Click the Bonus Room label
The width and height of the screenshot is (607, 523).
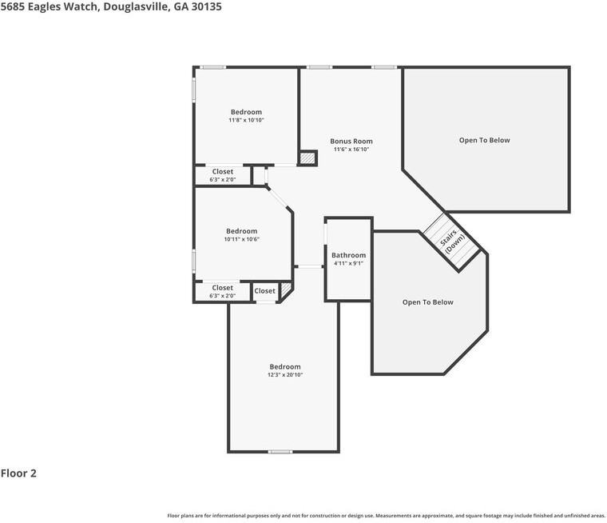[351, 142]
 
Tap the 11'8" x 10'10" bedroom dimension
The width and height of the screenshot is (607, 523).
[246, 120]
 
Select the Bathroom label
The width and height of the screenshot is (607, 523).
[348, 255]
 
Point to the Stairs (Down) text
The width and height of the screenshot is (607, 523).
[451, 241]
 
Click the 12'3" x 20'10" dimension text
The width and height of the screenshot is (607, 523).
[285, 375]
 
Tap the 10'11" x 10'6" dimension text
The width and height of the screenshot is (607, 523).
[241, 239]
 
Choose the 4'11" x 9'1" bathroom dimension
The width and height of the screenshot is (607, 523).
[348, 264]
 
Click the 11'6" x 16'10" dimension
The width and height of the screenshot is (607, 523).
[351, 150]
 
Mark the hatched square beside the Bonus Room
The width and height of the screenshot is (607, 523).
[307, 158]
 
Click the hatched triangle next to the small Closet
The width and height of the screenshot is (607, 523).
[287, 289]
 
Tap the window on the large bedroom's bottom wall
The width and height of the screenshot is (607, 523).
[280, 452]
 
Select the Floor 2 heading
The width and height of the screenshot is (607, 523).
[18, 473]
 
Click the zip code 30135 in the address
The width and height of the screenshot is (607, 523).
[207, 6]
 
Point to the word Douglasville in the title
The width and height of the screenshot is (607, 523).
[136, 7]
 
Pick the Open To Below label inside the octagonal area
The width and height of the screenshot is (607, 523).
[428, 302]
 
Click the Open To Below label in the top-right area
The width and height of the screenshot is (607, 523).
[484, 140]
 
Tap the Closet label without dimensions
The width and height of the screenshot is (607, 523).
[265, 291]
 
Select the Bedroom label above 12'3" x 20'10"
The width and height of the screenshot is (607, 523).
[285, 367]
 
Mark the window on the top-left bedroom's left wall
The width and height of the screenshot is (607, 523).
[194, 90]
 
